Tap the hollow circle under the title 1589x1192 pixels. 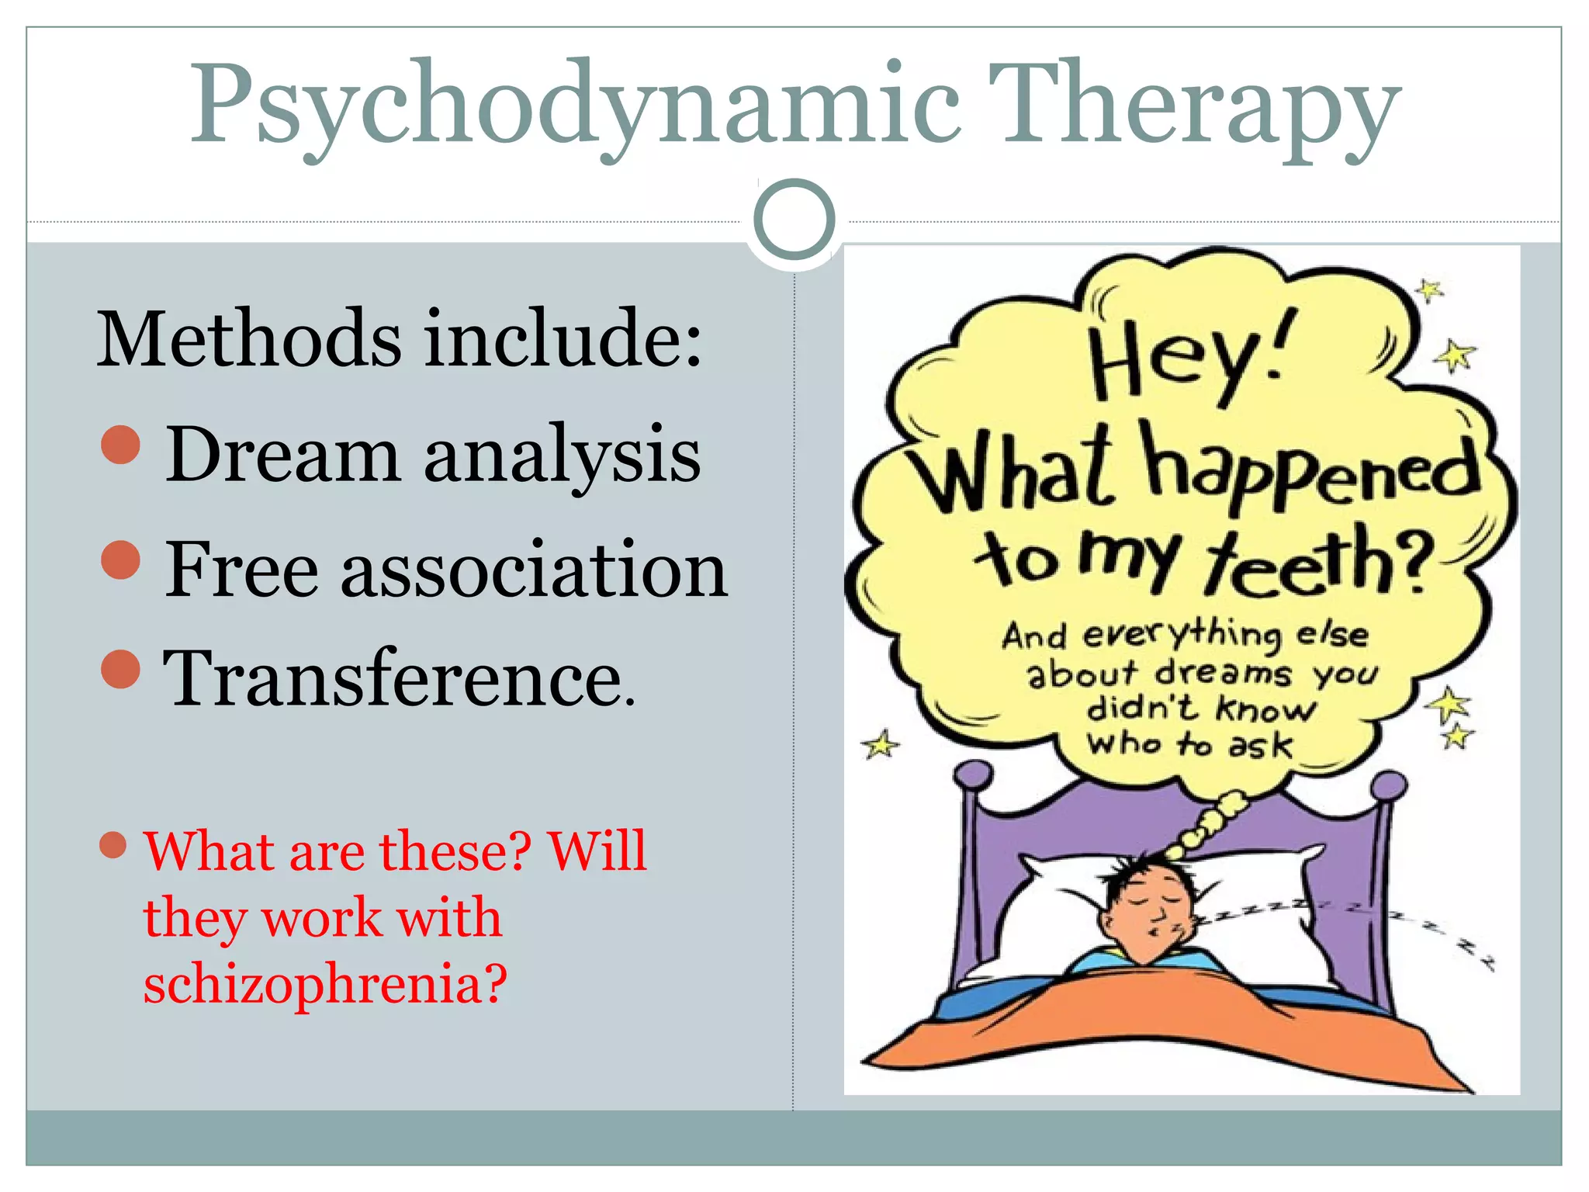click(x=794, y=220)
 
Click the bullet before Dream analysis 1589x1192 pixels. click(x=121, y=445)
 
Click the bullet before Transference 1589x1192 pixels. click(x=121, y=668)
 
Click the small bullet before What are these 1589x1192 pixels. click(x=113, y=845)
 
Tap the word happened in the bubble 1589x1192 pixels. click(x=1311, y=470)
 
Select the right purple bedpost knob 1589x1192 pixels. click(x=1388, y=785)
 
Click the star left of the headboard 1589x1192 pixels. click(x=881, y=746)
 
